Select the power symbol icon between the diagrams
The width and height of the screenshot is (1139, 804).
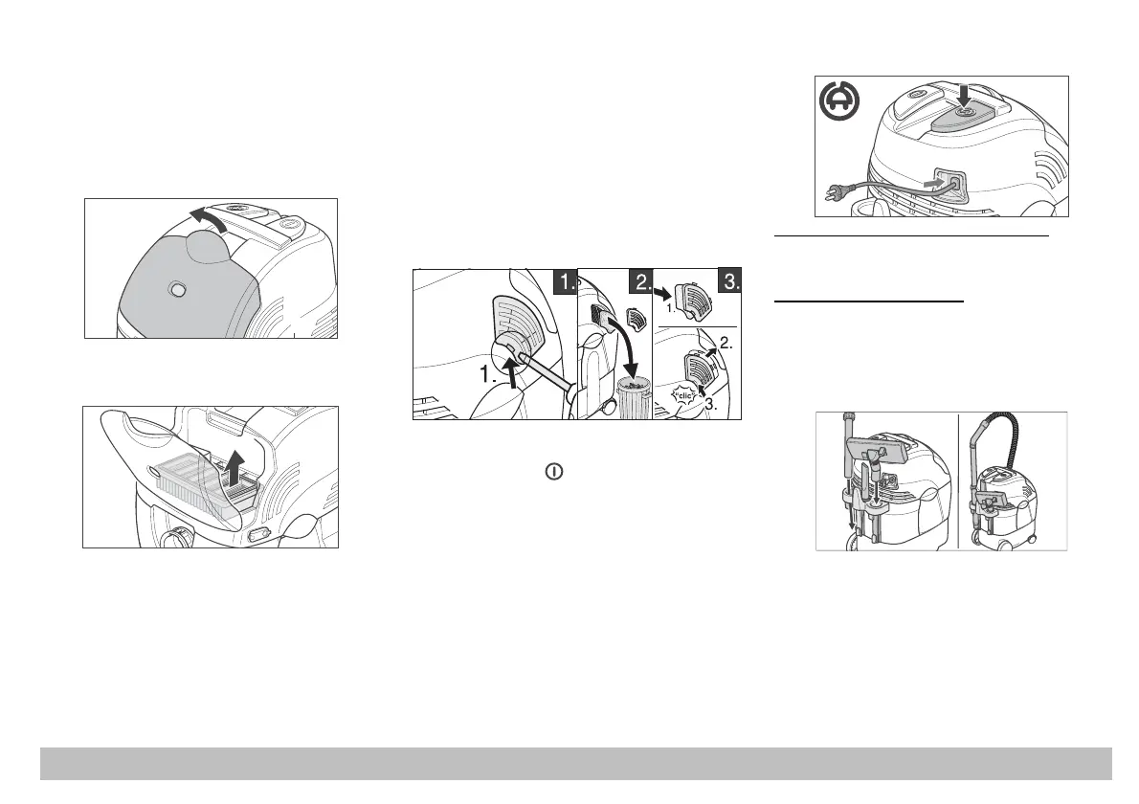coord(553,472)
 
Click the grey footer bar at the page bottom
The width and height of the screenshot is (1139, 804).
coord(575,764)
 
